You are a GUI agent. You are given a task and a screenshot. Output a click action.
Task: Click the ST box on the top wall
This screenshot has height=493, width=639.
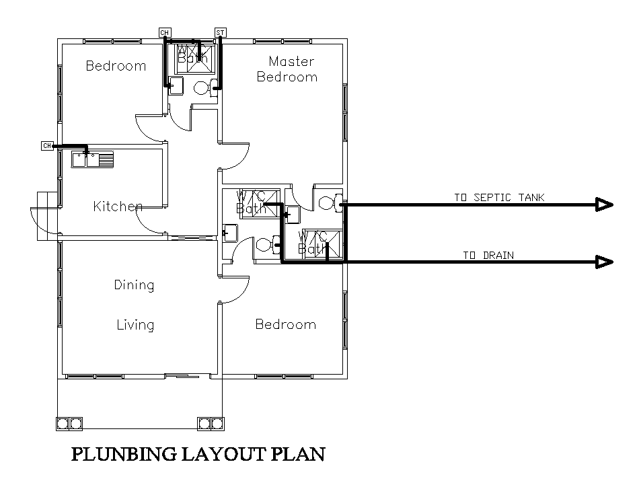[220, 32]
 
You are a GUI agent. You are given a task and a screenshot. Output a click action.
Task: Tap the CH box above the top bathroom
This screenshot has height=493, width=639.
[164, 32]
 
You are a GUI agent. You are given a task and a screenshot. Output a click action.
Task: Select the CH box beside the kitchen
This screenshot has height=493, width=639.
[46, 146]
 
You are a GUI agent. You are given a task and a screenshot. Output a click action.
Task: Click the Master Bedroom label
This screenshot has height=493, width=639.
[287, 69]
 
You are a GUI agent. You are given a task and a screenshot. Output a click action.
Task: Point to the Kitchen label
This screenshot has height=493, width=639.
[118, 206]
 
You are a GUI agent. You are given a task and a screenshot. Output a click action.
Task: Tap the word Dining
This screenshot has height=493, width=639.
[134, 285]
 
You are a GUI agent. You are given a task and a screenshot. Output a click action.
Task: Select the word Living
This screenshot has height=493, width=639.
[135, 326]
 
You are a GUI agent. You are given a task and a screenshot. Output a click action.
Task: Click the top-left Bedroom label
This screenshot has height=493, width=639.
[116, 66]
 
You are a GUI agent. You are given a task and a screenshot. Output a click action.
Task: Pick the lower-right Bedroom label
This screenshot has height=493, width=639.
[285, 325]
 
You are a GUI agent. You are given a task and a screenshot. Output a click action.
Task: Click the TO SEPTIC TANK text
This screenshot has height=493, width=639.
[498, 198]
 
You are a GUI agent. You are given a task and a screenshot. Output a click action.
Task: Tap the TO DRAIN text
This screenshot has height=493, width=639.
[488, 255]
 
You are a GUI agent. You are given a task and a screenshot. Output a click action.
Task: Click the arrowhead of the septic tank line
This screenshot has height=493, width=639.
[604, 205]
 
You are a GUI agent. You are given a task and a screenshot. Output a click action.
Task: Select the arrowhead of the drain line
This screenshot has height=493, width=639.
[604, 262]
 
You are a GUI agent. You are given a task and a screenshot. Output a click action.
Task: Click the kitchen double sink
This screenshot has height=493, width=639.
[93, 159]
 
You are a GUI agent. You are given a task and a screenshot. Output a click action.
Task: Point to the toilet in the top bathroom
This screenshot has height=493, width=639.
[202, 87]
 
